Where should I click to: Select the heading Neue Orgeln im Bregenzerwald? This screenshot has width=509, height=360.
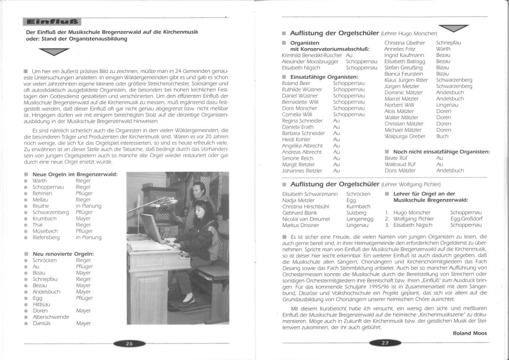[75, 174]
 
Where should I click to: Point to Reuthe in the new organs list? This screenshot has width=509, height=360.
[42, 204]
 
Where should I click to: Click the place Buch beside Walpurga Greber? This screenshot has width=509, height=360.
[442, 136]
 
